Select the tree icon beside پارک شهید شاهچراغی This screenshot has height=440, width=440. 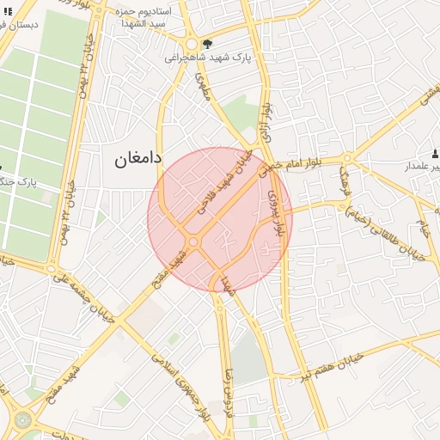point(206,44)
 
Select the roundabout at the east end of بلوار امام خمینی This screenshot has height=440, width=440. point(348,159)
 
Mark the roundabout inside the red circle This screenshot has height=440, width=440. point(194,242)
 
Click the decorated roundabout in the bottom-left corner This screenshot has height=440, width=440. point(21,420)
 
